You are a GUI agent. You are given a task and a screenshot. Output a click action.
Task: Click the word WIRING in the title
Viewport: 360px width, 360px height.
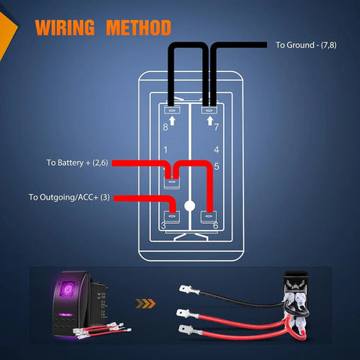[x=65, y=29]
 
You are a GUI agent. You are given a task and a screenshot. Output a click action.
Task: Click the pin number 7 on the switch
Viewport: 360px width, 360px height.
[x=216, y=126]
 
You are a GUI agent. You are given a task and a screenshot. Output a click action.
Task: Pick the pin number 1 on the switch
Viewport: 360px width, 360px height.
[x=164, y=149]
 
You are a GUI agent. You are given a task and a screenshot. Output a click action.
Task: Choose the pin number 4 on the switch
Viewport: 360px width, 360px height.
[x=216, y=149]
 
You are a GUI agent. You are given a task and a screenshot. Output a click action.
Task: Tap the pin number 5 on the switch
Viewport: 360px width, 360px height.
[x=216, y=166]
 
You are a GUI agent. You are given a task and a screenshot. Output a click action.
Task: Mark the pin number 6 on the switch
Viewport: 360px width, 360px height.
[x=216, y=225]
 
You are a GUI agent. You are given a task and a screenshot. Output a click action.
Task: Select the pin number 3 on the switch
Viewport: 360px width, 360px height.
[x=163, y=225]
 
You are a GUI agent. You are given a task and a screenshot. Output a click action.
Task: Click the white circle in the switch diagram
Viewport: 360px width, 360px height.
[x=189, y=207]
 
